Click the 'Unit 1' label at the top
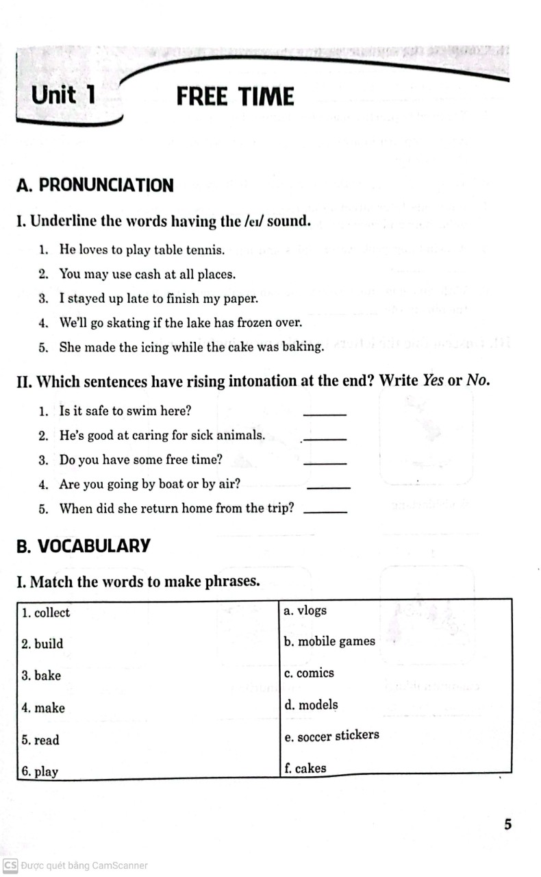[64, 95]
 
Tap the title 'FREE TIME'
[235, 97]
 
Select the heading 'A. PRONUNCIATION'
[95, 185]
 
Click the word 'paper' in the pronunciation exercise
[239, 299]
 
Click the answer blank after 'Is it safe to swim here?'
[325, 413]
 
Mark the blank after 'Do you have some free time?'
[325, 462]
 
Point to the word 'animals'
[241, 435]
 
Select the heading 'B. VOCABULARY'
[83, 546]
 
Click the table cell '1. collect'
[46, 613]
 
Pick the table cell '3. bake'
[41, 676]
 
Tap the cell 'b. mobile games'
[329, 641]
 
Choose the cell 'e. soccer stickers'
[331, 736]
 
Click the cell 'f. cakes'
[305, 768]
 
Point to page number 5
[507, 824]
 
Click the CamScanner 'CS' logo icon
[10, 865]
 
